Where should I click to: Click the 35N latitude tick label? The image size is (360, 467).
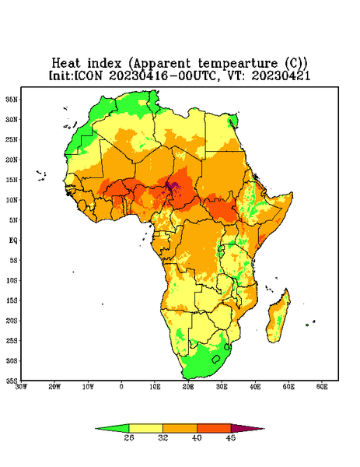tap(12, 99)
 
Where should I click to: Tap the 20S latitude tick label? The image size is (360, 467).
tap(12, 321)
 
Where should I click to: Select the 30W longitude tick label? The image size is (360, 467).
tap(22, 387)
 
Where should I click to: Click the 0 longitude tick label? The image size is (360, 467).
tap(121, 387)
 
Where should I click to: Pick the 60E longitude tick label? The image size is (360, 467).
tap(322, 387)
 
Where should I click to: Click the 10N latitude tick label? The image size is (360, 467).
tap(12, 200)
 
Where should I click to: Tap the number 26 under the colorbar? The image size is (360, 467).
tap(129, 437)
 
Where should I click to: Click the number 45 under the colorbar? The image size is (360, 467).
tap(231, 437)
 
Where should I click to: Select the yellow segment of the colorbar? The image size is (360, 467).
tap(145, 428)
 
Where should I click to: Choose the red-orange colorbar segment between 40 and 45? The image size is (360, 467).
tap(214, 428)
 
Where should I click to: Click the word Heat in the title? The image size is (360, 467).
tap(66, 64)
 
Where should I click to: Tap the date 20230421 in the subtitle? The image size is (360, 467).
tap(281, 75)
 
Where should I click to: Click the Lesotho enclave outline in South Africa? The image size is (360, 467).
tap(216, 359)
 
